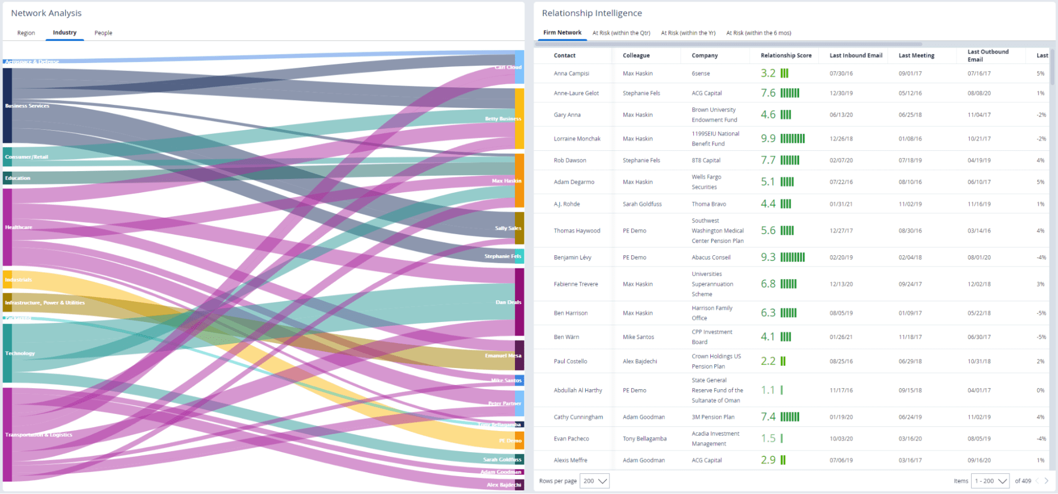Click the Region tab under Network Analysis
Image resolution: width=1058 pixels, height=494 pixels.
(x=26, y=33)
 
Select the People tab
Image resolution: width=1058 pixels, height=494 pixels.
(x=103, y=33)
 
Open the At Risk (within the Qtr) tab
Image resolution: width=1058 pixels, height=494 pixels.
(x=621, y=33)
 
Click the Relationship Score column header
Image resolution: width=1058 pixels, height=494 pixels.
(x=785, y=56)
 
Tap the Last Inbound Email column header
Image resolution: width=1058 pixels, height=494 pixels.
(x=855, y=56)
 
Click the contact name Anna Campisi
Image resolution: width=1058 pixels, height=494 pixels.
(x=571, y=74)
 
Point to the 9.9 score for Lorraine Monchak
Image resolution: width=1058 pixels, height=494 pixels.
(x=768, y=139)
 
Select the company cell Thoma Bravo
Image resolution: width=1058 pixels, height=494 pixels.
(x=709, y=204)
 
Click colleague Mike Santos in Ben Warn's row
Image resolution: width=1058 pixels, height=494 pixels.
(x=638, y=337)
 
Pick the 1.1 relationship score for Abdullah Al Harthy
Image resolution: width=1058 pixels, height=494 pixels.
(x=767, y=390)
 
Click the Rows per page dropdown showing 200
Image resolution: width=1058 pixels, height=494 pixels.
(x=594, y=481)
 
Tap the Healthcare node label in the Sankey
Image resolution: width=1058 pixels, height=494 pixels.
(x=19, y=227)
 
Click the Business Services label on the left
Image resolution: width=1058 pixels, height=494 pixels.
(x=27, y=106)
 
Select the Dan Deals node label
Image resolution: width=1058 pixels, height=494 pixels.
(x=508, y=302)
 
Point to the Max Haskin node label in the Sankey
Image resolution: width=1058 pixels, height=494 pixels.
(x=506, y=181)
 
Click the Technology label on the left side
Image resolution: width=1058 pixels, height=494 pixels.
(x=20, y=353)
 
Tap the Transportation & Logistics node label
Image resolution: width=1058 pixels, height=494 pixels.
(x=39, y=435)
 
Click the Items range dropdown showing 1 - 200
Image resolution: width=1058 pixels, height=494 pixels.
(x=990, y=481)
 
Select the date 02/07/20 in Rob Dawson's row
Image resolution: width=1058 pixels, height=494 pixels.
(x=841, y=160)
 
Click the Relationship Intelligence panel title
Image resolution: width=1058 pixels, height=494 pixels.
(x=591, y=13)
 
